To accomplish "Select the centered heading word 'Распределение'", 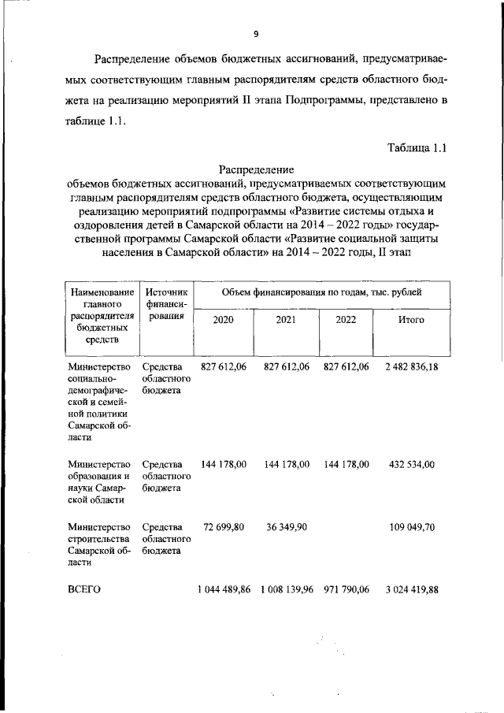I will [x=256, y=169].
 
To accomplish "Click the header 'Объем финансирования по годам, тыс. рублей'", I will [x=321, y=292].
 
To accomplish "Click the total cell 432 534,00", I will [x=411, y=465].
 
